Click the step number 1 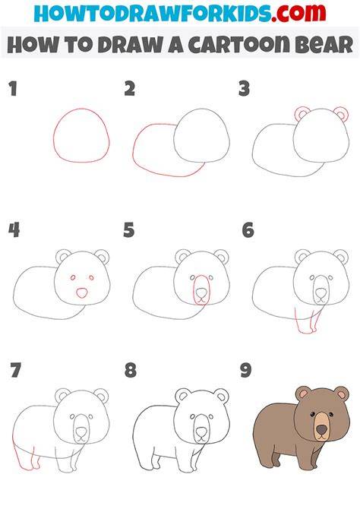point(13,89)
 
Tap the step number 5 point(129,230)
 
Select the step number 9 point(246,370)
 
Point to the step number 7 point(16,370)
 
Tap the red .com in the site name point(298,13)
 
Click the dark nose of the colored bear point(322,430)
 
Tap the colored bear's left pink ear point(304,394)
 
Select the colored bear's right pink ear point(342,394)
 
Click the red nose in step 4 point(82,292)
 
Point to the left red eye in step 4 point(73,277)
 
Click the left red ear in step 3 point(302,114)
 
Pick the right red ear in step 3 point(342,114)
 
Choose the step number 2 point(130,89)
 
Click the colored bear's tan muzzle point(322,426)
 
